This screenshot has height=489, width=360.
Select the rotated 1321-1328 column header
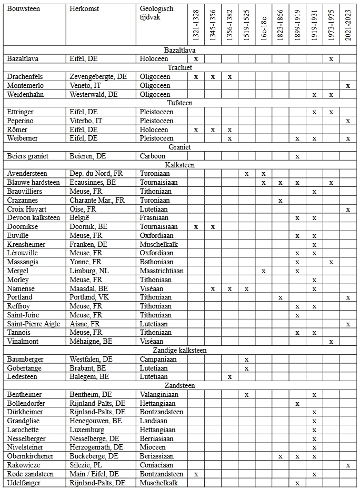[196, 26]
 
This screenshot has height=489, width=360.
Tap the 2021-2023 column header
[348, 26]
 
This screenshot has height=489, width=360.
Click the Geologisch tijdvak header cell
[154, 13]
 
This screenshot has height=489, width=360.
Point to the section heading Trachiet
[179, 68]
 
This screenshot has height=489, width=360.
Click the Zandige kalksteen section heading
[179, 350]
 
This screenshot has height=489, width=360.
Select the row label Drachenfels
[25, 77]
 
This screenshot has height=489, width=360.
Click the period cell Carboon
[152, 156]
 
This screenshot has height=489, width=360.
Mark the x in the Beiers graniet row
[297, 156]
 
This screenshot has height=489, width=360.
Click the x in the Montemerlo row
[348, 86]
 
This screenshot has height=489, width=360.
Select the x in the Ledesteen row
[229, 377]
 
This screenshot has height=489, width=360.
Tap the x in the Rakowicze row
[348, 465]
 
